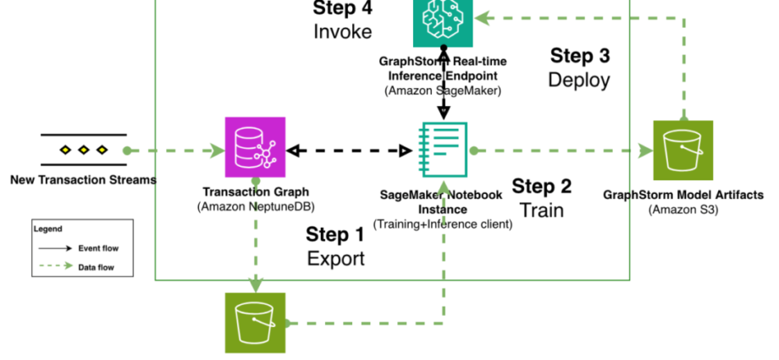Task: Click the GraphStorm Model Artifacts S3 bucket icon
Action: tap(683, 150)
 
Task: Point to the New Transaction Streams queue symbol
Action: tap(84, 150)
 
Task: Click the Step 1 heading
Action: tap(335, 235)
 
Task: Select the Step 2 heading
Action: tap(542, 186)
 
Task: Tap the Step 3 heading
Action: tap(579, 56)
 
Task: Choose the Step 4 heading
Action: tap(342, 9)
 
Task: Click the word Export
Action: tap(335, 258)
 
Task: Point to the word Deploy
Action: tap(579, 80)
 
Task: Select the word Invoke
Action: tap(342, 32)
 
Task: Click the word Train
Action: tap(542, 209)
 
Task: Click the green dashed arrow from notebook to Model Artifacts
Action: tap(559, 151)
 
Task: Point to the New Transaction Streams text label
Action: tap(83, 180)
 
